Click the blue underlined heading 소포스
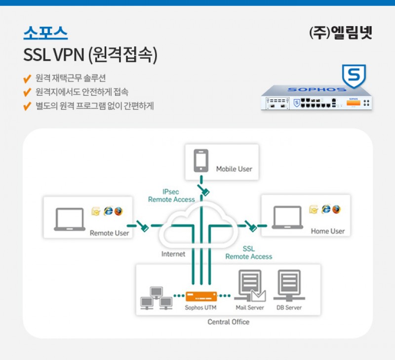click(45, 33)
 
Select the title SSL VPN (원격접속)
click(90, 55)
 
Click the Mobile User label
click(234, 169)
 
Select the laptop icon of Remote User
click(70, 219)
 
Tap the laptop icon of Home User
click(288, 218)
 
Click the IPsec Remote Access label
click(171, 196)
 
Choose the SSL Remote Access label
click(249, 253)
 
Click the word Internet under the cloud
click(173, 254)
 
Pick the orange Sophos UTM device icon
click(201, 296)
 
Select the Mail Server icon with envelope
click(250, 287)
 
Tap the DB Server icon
click(289, 285)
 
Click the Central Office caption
click(229, 322)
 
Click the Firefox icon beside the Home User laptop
click(336, 209)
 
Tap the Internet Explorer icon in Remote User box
click(108, 211)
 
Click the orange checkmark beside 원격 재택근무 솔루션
click(28, 79)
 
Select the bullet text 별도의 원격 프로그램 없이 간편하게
click(95, 106)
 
